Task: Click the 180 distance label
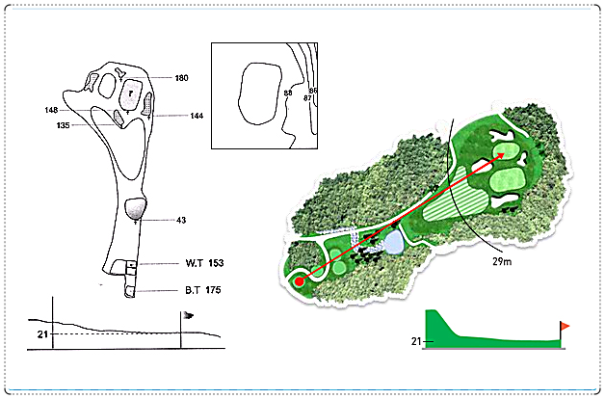[181, 78]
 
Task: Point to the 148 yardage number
[51, 110]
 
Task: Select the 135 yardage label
[63, 125]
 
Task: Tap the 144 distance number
[197, 116]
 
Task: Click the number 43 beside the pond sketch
[181, 221]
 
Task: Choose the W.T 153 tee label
[204, 263]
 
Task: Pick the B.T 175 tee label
[203, 290]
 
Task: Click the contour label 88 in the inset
[288, 93]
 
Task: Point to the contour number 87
[307, 98]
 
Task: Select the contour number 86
[313, 91]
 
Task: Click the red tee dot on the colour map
[299, 281]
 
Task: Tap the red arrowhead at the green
[501, 155]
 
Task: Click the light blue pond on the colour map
[393, 242]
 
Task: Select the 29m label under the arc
[502, 261]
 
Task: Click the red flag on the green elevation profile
[565, 327]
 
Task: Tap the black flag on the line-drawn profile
[188, 316]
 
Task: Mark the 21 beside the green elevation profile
[415, 341]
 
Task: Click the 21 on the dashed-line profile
[42, 334]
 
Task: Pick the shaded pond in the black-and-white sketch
[136, 209]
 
